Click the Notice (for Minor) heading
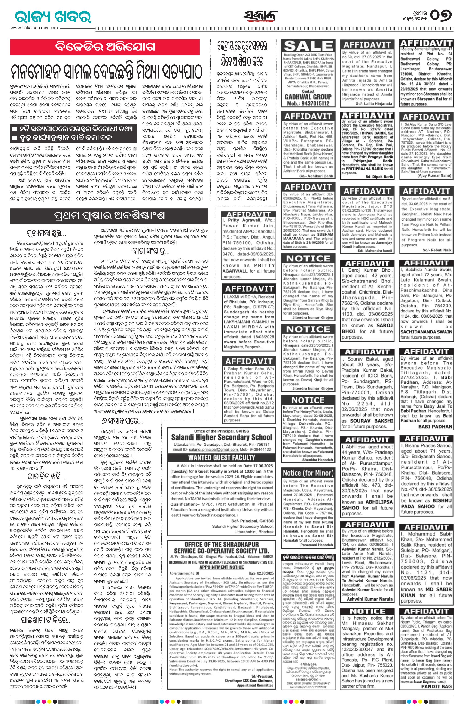click(308, 473)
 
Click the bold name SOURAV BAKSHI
click(371, 420)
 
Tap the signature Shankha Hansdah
click(317, 460)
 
